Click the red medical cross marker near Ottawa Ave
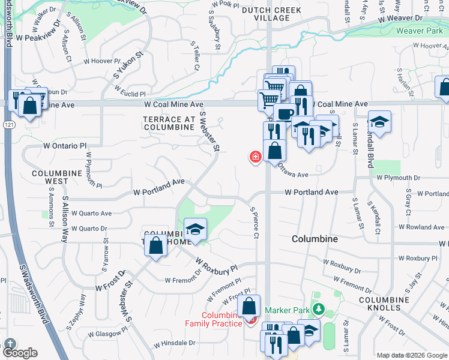pos(256,157)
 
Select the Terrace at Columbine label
pos(169,123)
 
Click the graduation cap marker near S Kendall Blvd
pos(379,123)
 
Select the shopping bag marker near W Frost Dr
pos(156,245)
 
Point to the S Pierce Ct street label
pos(254,223)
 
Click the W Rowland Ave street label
pos(421,227)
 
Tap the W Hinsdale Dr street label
pos(175,344)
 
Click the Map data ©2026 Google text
pos(412,355)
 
